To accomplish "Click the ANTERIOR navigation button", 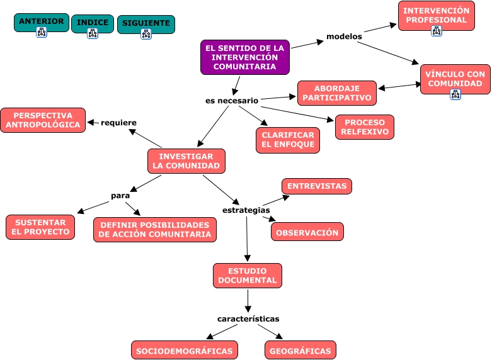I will pyautogui.click(x=42, y=21).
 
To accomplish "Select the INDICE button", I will pyautogui.click(x=93, y=23).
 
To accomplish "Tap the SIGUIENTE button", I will pyautogui.click(x=146, y=23).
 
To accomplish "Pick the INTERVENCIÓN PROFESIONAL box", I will pyautogui.click(x=437, y=15).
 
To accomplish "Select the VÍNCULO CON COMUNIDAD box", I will pyautogui.click(x=455, y=79).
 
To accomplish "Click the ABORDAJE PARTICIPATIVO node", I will pyautogui.click(x=337, y=93).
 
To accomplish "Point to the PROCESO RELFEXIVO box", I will pyautogui.click(x=365, y=127).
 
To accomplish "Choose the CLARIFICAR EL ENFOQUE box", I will pyautogui.click(x=288, y=140).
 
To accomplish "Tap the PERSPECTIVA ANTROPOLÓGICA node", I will pyautogui.click(x=43, y=120).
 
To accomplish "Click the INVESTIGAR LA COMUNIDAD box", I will pyautogui.click(x=186, y=161).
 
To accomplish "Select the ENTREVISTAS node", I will pyautogui.click(x=317, y=186).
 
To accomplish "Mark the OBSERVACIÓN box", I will pyautogui.click(x=307, y=232).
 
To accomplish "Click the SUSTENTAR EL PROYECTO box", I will pyautogui.click(x=40, y=227).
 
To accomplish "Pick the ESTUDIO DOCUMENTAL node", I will pyautogui.click(x=248, y=275).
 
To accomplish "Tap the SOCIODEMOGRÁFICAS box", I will pyautogui.click(x=185, y=351).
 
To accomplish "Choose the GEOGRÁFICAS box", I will pyautogui.click(x=300, y=351).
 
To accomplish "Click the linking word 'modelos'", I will pyautogui.click(x=344, y=37).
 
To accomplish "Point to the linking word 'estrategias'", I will pyautogui.click(x=246, y=210).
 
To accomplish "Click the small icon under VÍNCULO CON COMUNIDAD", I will pyautogui.click(x=455, y=94).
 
